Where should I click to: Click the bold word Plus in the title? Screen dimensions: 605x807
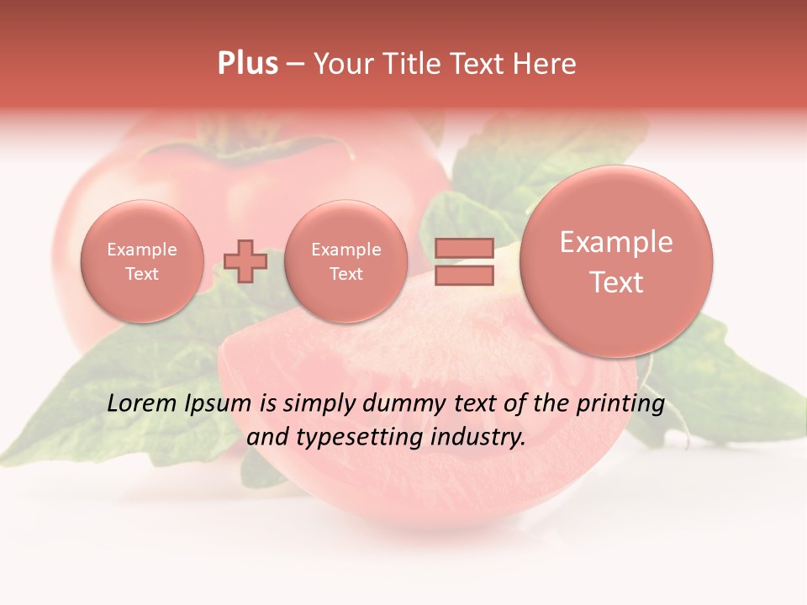click(247, 64)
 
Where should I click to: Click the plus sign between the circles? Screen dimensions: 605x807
click(245, 260)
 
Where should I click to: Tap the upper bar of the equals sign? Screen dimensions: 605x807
click(464, 248)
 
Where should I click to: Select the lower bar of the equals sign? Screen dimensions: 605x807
click(464, 275)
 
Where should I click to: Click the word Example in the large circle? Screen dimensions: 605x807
click(616, 243)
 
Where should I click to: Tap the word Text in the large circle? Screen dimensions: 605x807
click(616, 282)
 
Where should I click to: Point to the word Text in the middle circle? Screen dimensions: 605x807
click(345, 274)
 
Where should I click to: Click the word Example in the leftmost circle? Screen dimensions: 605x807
click(142, 250)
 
